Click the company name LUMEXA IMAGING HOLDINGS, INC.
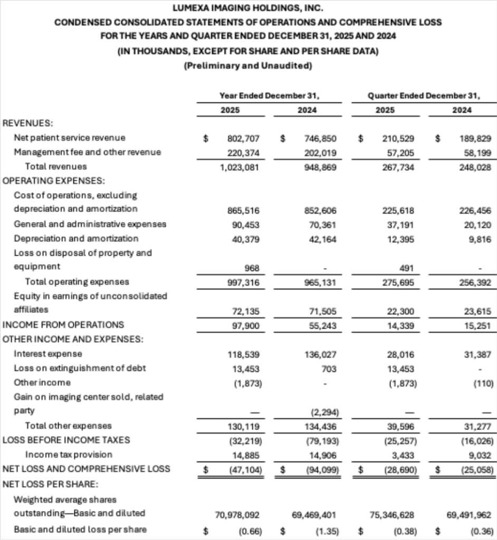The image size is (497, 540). coord(248,8)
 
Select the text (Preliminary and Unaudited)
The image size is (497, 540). coord(248,66)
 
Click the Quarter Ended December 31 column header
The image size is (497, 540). coord(424,96)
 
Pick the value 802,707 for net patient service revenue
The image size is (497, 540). coord(244,138)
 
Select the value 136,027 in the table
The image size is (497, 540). coord(320,354)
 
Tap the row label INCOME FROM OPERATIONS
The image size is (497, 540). coord(63,325)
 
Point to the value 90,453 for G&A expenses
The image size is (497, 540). coord(244,224)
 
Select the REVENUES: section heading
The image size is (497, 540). coord(27,123)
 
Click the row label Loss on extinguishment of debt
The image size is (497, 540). coord(80,368)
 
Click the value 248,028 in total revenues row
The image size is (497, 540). coord(475,167)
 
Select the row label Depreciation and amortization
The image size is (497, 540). coord(76,239)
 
